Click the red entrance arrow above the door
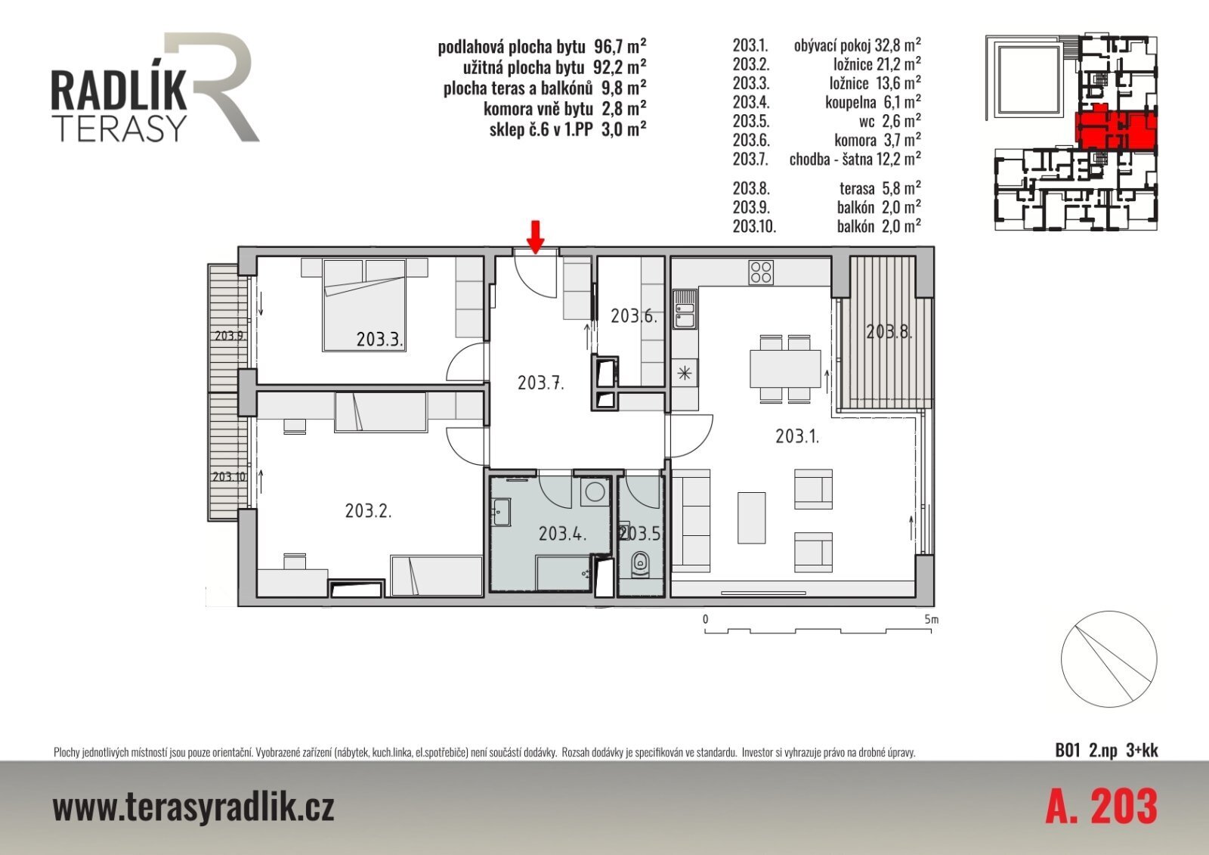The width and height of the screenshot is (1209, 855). (536, 237)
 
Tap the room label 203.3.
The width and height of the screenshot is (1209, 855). (380, 339)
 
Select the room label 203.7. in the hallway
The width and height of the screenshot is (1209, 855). (541, 383)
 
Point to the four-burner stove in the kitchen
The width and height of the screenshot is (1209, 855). (761, 273)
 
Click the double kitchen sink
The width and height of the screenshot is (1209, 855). (685, 309)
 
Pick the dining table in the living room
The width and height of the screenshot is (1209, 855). (785, 369)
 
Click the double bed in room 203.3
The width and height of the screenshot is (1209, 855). (363, 305)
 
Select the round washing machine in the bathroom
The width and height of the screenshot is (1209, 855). (595, 492)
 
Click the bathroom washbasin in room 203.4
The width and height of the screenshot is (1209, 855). (502, 512)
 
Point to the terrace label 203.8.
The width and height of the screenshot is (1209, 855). (889, 332)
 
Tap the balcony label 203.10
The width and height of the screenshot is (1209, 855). (229, 477)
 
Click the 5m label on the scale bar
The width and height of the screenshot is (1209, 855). (932, 619)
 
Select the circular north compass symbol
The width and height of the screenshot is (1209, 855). (1109, 659)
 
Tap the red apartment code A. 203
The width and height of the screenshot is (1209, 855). (1101, 806)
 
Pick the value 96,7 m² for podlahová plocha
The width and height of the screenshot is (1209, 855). (620, 46)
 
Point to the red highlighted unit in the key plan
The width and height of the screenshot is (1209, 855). (1116, 129)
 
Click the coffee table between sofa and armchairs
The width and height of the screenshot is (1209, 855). (751, 517)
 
